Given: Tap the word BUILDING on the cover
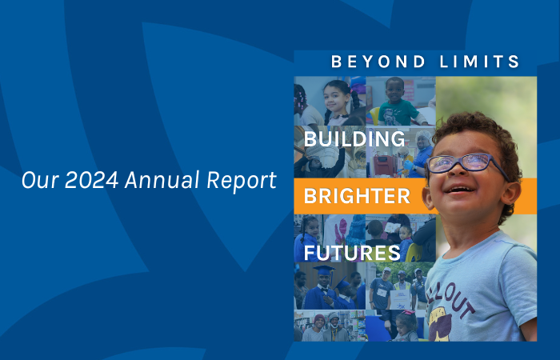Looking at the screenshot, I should click(354, 139).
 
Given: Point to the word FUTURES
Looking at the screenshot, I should click(352, 253).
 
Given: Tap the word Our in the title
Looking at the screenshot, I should click(37, 181).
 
